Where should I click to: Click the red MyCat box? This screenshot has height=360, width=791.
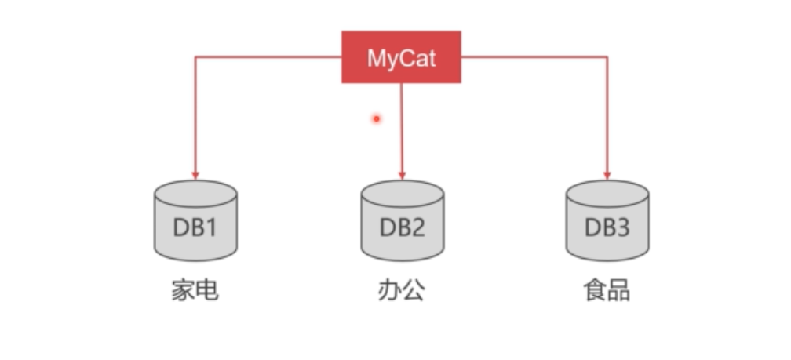click(401, 56)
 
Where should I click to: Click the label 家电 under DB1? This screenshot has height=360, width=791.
click(195, 291)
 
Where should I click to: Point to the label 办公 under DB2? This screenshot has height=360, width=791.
click(402, 291)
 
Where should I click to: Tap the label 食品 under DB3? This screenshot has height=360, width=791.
click(607, 291)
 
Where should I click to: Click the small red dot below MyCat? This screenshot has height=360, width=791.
click(377, 118)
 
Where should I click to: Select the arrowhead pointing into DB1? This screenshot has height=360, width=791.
click(195, 175)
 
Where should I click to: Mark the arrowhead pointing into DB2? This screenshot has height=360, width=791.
click(402, 175)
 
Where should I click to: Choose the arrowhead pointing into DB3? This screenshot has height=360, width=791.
click(607, 175)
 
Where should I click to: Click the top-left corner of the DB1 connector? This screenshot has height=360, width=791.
click(195, 56)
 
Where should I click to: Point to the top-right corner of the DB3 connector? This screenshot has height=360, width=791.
click(607, 56)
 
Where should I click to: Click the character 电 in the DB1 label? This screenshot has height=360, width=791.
click(207, 291)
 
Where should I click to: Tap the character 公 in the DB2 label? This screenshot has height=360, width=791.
click(414, 291)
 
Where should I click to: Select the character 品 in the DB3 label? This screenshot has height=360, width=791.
click(619, 291)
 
